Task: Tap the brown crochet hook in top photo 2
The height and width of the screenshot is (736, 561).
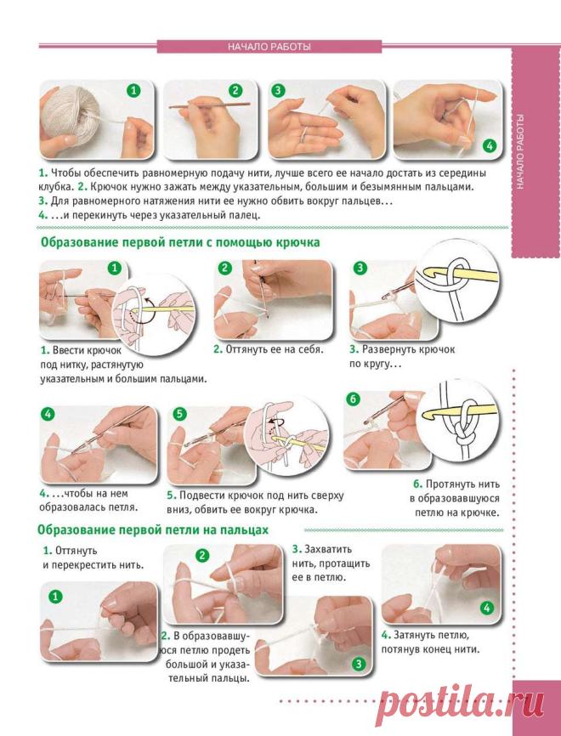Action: pos(210,105)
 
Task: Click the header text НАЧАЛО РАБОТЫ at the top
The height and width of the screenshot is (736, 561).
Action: pos(269,47)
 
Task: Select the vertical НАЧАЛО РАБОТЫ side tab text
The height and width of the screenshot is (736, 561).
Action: pos(520,151)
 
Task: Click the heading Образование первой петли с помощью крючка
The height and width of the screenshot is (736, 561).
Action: pos(181,243)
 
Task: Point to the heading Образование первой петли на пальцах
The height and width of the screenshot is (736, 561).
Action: pos(153,530)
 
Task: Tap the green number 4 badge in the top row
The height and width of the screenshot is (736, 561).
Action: pos(490,145)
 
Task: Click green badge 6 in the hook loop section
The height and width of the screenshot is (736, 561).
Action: pos(353,399)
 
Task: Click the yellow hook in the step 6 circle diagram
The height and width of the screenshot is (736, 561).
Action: pos(459,411)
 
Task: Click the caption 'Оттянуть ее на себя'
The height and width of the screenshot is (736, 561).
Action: pos(269,349)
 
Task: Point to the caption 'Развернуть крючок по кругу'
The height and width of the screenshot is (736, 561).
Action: pos(402,357)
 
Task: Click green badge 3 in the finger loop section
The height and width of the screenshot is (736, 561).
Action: pos(359,664)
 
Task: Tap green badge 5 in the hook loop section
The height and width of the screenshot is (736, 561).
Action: pos(179,414)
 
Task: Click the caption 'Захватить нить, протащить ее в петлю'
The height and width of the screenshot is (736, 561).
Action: pos(331,563)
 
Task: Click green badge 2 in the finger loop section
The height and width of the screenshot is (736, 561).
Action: pos(201,556)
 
